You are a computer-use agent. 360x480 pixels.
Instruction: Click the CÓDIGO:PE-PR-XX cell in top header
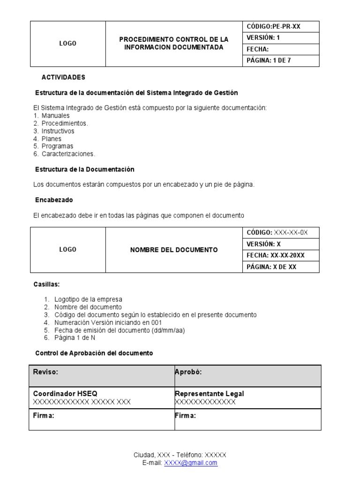pyautogui.click(x=280, y=27)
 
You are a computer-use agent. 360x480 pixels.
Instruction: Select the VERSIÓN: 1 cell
pyautogui.click(x=280, y=38)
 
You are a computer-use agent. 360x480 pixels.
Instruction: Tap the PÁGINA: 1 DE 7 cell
pyautogui.click(x=280, y=60)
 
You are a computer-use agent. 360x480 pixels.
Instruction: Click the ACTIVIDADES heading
pyautogui.click(x=63, y=77)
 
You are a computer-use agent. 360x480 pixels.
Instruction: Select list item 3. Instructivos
pyautogui.click(x=54, y=131)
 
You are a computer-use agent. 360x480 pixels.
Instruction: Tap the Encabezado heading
pyautogui.click(x=54, y=200)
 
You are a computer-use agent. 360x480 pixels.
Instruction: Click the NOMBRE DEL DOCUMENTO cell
pyautogui.click(x=173, y=250)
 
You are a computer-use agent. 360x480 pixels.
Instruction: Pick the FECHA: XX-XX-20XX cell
pyautogui.click(x=280, y=255)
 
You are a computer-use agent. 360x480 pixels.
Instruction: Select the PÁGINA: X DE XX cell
pyautogui.click(x=280, y=267)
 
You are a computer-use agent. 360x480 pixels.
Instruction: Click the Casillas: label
pyautogui.click(x=46, y=285)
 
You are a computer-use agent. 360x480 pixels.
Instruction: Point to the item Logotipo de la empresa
pyautogui.click(x=88, y=300)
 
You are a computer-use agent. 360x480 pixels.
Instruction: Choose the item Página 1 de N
pyautogui.click(x=75, y=338)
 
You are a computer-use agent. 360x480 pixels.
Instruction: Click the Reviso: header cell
pyautogui.click(x=101, y=375)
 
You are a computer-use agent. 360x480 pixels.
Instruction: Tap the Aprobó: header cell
pyautogui.click(x=247, y=375)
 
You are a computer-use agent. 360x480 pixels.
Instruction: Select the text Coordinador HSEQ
pyautogui.click(x=65, y=394)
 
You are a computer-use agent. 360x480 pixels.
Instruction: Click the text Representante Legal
pyautogui.click(x=209, y=394)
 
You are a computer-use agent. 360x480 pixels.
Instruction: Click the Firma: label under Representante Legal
pyautogui.click(x=185, y=416)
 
